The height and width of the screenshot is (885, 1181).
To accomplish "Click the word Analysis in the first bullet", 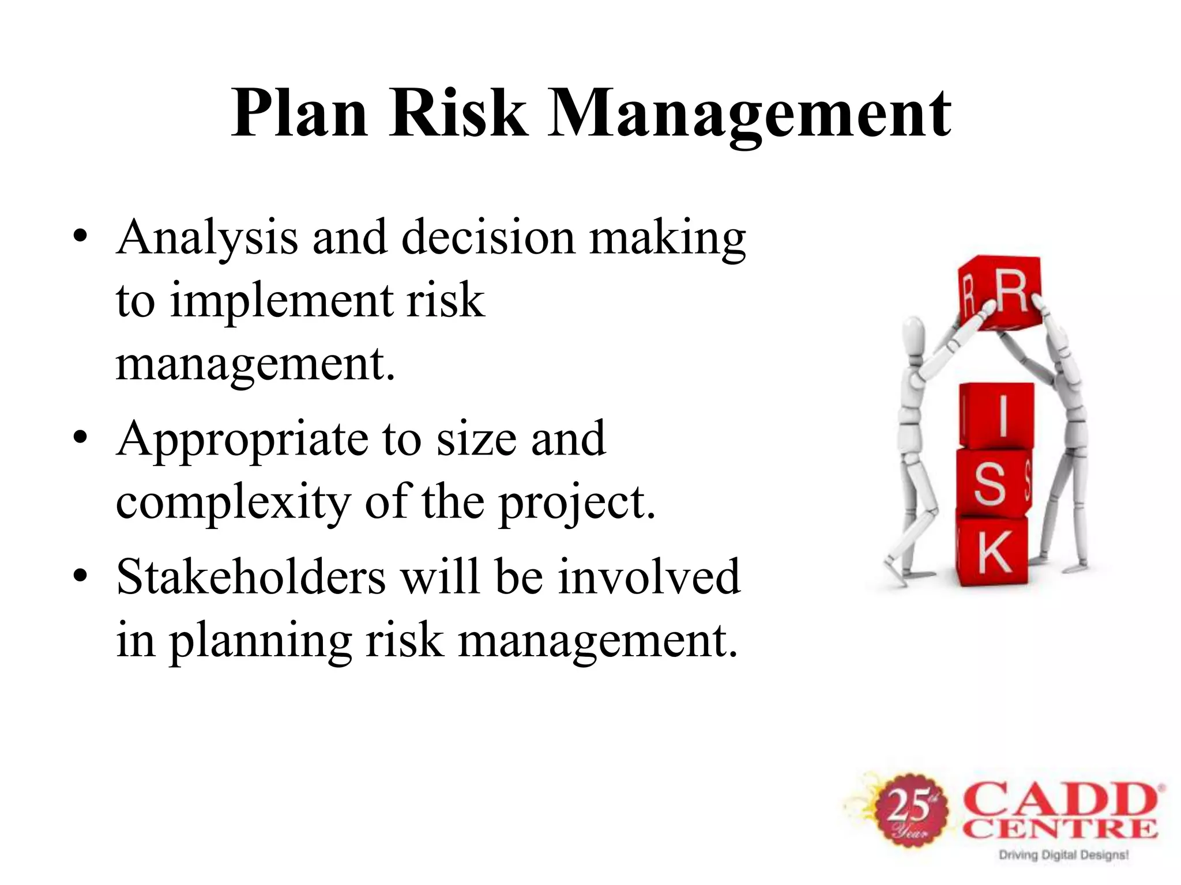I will point(207,238).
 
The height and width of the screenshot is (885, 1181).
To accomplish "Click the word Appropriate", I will point(242,440).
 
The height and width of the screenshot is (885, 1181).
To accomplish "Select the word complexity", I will point(233,502).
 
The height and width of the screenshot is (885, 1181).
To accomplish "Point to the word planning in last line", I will point(260,641).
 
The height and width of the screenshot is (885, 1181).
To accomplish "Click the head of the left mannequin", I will point(913,333).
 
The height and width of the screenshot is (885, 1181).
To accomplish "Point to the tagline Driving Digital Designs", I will point(1063,854).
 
